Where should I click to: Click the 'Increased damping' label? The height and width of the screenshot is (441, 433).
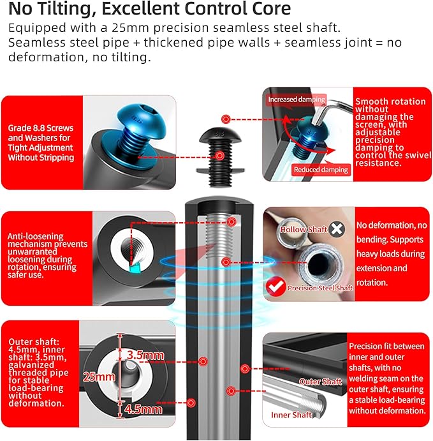297,100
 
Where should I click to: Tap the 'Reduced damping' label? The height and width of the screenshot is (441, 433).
321,170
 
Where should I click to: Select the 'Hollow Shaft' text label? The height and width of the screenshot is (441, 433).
304,230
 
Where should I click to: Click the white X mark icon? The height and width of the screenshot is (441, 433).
337,228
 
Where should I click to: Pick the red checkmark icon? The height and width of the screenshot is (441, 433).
275,287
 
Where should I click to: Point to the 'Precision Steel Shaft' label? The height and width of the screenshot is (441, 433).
320,288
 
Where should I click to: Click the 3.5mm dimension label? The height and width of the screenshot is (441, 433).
145,355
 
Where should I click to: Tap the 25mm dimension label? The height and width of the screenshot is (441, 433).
99,377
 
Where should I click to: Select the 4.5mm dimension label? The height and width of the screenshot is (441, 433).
143,409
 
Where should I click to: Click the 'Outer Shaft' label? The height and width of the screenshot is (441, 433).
320,382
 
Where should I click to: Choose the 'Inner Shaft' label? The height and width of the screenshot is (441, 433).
291,415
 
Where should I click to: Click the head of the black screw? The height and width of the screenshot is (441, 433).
220,135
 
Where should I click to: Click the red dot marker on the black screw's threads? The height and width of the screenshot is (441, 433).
220,156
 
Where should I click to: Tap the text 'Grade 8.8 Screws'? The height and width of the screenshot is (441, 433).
41,128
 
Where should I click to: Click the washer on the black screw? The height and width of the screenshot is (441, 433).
220,170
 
